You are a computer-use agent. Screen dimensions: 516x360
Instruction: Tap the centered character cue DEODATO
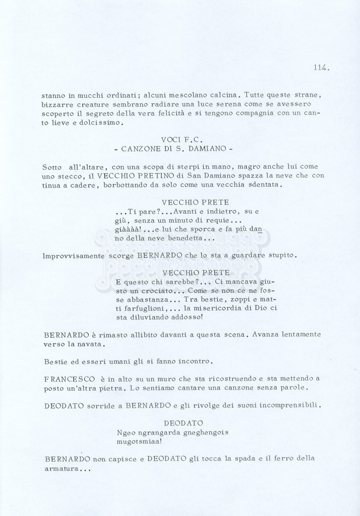tap(183, 423)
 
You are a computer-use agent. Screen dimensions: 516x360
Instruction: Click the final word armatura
tap(63, 469)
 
